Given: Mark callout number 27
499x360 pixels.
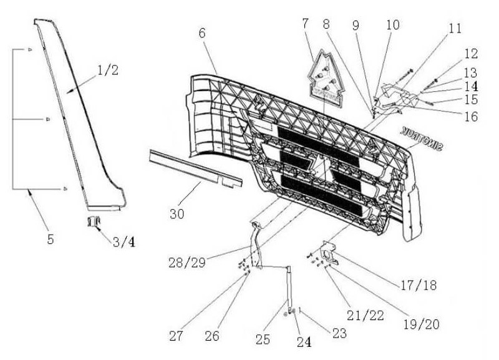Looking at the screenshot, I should pyautogui.click(x=177, y=336).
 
